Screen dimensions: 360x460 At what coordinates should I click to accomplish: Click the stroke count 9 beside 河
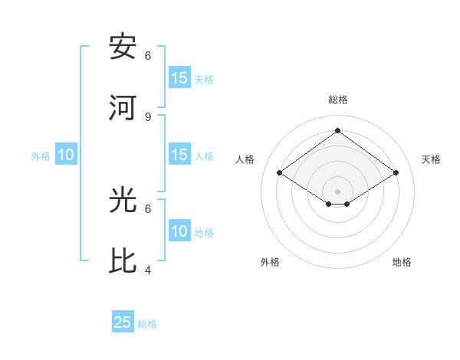coord(148,116)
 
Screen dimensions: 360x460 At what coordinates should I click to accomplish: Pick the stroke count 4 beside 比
coord(148,270)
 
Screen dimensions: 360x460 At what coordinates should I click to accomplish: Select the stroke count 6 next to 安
coord(148,55)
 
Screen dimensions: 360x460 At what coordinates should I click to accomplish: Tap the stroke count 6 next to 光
coord(148,208)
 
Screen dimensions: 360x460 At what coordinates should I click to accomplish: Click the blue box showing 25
coord(123,322)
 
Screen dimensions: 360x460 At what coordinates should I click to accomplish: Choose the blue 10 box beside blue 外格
coord(66,155)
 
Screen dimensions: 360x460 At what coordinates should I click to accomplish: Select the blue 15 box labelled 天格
coord(179,78)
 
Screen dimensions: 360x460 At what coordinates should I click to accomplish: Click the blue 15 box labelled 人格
coord(179,155)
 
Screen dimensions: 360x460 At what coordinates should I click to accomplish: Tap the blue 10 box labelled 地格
coord(179,231)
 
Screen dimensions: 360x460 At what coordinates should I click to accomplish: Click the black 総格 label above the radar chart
coord(337,100)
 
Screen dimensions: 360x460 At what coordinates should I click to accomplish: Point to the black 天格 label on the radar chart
coord(431,159)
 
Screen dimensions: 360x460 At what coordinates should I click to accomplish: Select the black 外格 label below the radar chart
coord(270,262)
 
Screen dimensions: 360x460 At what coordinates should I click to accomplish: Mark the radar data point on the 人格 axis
coord(280,173)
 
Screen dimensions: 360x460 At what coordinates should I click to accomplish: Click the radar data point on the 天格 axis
coord(396,173)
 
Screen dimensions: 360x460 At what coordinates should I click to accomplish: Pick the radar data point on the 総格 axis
coord(337,130)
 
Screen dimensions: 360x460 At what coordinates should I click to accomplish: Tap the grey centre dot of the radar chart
coord(337,191)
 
